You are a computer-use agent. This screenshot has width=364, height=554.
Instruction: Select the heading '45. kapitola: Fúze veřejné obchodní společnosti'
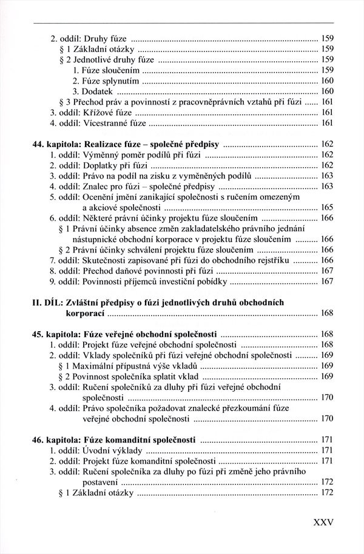point(125,334)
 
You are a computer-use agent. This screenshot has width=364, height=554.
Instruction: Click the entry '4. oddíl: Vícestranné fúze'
point(97,124)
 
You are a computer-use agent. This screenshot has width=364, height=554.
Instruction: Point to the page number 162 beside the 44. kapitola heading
point(326,145)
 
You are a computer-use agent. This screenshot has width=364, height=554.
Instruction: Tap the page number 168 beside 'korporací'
point(326,313)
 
